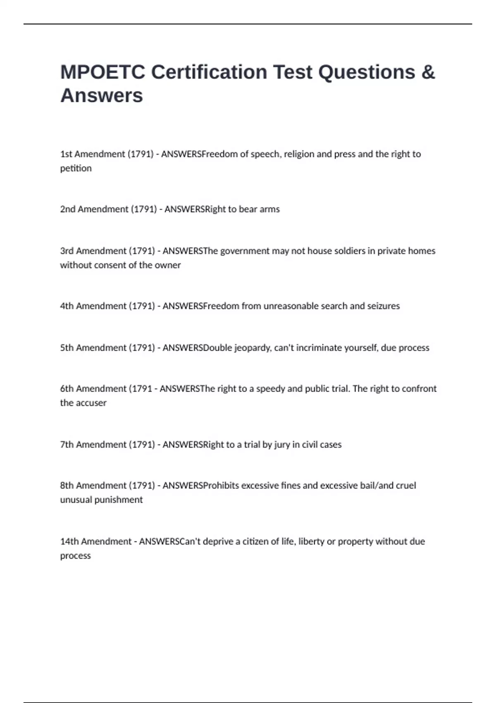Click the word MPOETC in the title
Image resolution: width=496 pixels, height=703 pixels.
coord(103,72)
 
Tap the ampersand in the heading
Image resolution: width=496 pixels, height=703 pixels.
coord(428,72)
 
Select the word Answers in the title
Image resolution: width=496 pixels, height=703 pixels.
coord(102,96)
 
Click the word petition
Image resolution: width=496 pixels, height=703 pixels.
coord(76,168)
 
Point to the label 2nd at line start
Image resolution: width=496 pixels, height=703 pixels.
coord(68,209)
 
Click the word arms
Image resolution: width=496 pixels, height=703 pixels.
coord(269,209)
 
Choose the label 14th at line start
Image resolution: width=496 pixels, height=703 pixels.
coord(69,541)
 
